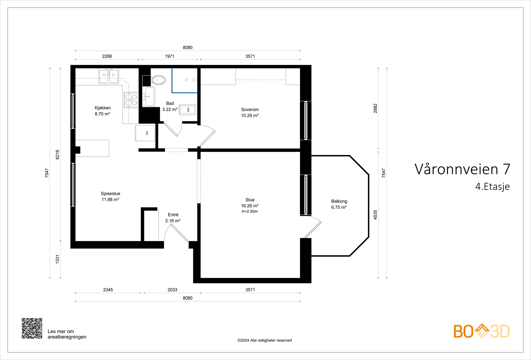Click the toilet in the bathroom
point(158,80)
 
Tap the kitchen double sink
point(109,77)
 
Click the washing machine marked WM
point(188,109)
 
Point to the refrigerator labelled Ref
point(146,133)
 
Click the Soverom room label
point(250,109)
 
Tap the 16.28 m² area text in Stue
point(250,206)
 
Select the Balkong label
point(339,201)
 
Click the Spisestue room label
point(111,193)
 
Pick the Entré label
point(173,215)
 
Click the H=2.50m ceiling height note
point(250,211)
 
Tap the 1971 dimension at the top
point(170,56)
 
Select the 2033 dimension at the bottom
point(172,290)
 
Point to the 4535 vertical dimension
point(375,215)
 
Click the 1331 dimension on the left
point(57,259)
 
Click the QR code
point(32,328)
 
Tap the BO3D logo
point(481,331)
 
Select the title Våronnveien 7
point(462,169)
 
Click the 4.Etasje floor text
point(492,186)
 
